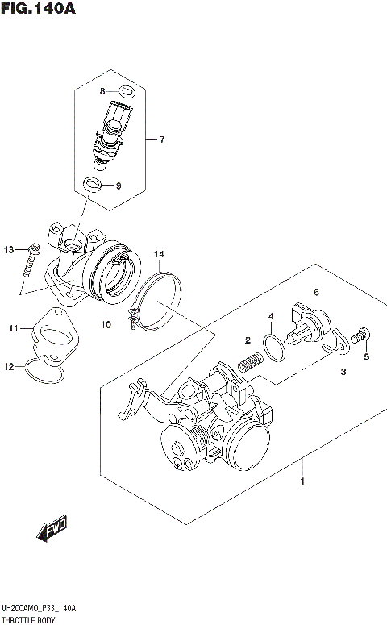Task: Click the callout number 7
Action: click(x=161, y=140)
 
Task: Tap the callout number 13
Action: click(x=10, y=249)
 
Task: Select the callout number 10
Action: click(x=105, y=325)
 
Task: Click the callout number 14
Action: click(x=160, y=255)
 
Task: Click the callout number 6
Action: click(x=317, y=291)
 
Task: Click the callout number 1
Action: click(x=302, y=481)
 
